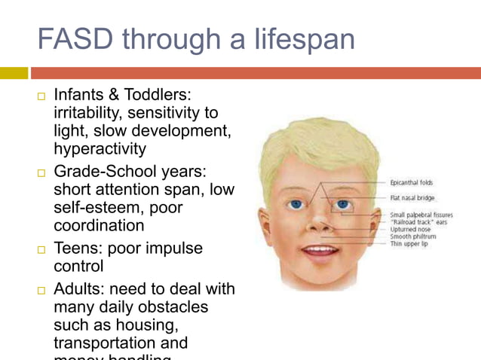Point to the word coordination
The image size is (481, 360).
click(x=99, y=225)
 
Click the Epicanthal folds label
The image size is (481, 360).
click(x=411, y=183)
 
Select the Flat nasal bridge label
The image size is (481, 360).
click(x=412, y=198)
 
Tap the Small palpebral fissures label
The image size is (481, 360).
click(x=421, y=215)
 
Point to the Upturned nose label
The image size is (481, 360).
click(x=409, y=229)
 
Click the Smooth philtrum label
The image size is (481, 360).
click(x=412, y=236)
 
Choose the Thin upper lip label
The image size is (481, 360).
click(x=409, y=244)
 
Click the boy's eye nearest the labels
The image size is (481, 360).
click(x=344, y=204)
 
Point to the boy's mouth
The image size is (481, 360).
click(x=320, y=249)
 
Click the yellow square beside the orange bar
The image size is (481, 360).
click(x=14, y=73)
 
